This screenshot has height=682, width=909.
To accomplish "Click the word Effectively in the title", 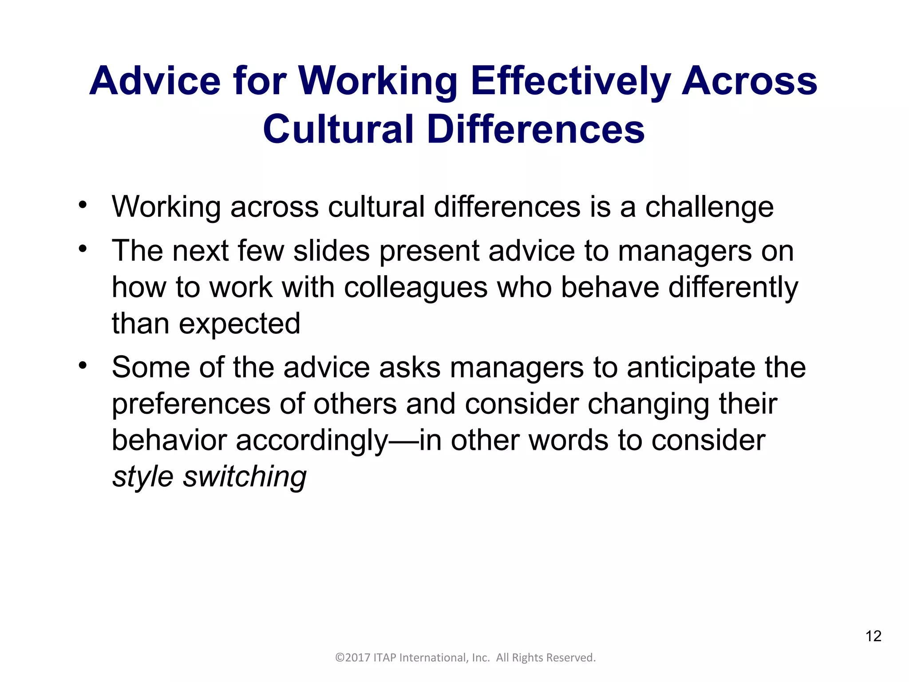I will coord(570,81).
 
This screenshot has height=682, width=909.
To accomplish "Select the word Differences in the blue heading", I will coord(536,129).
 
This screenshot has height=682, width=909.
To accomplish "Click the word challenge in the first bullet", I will coord(709,207).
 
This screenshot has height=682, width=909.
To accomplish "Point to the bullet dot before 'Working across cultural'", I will coord(83,205).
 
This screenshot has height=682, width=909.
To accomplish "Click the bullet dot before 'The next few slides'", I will coord(83,249).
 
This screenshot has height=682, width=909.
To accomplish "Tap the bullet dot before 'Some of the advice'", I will coord(83,366).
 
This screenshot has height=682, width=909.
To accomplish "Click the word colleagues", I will coord(416,288).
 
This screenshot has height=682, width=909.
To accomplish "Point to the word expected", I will coord(240,324).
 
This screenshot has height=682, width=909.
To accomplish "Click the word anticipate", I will coord(691,368).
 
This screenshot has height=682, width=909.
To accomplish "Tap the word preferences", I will coord(191,404).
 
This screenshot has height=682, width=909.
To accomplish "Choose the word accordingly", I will coord(312,441).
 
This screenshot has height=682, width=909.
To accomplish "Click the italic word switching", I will coord(245,477).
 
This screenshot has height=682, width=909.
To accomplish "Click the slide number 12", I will coord(873,636).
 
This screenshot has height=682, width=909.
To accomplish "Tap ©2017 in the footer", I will coord(353,658).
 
